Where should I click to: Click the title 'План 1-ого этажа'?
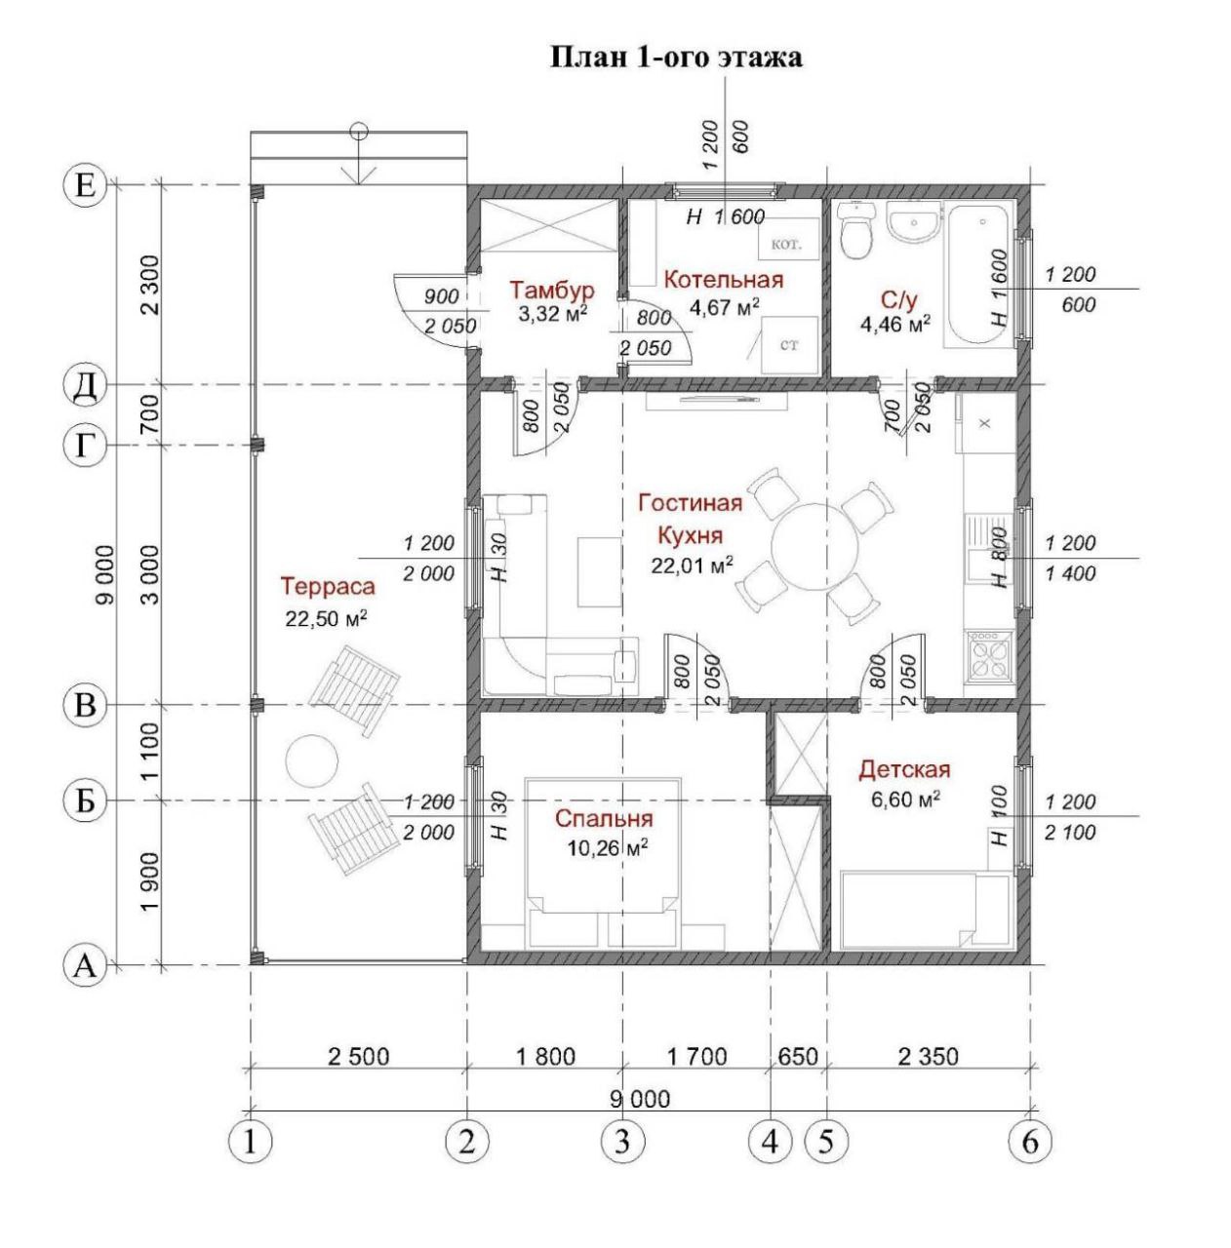676,57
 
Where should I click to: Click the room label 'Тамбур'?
552,289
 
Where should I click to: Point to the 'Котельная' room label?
724,280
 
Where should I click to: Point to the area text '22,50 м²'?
327,618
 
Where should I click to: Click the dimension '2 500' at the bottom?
359,1057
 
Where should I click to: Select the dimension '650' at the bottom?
797,1057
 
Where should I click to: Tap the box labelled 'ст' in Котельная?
789,345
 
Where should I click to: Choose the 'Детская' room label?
904,770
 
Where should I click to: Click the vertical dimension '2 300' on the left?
150,285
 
